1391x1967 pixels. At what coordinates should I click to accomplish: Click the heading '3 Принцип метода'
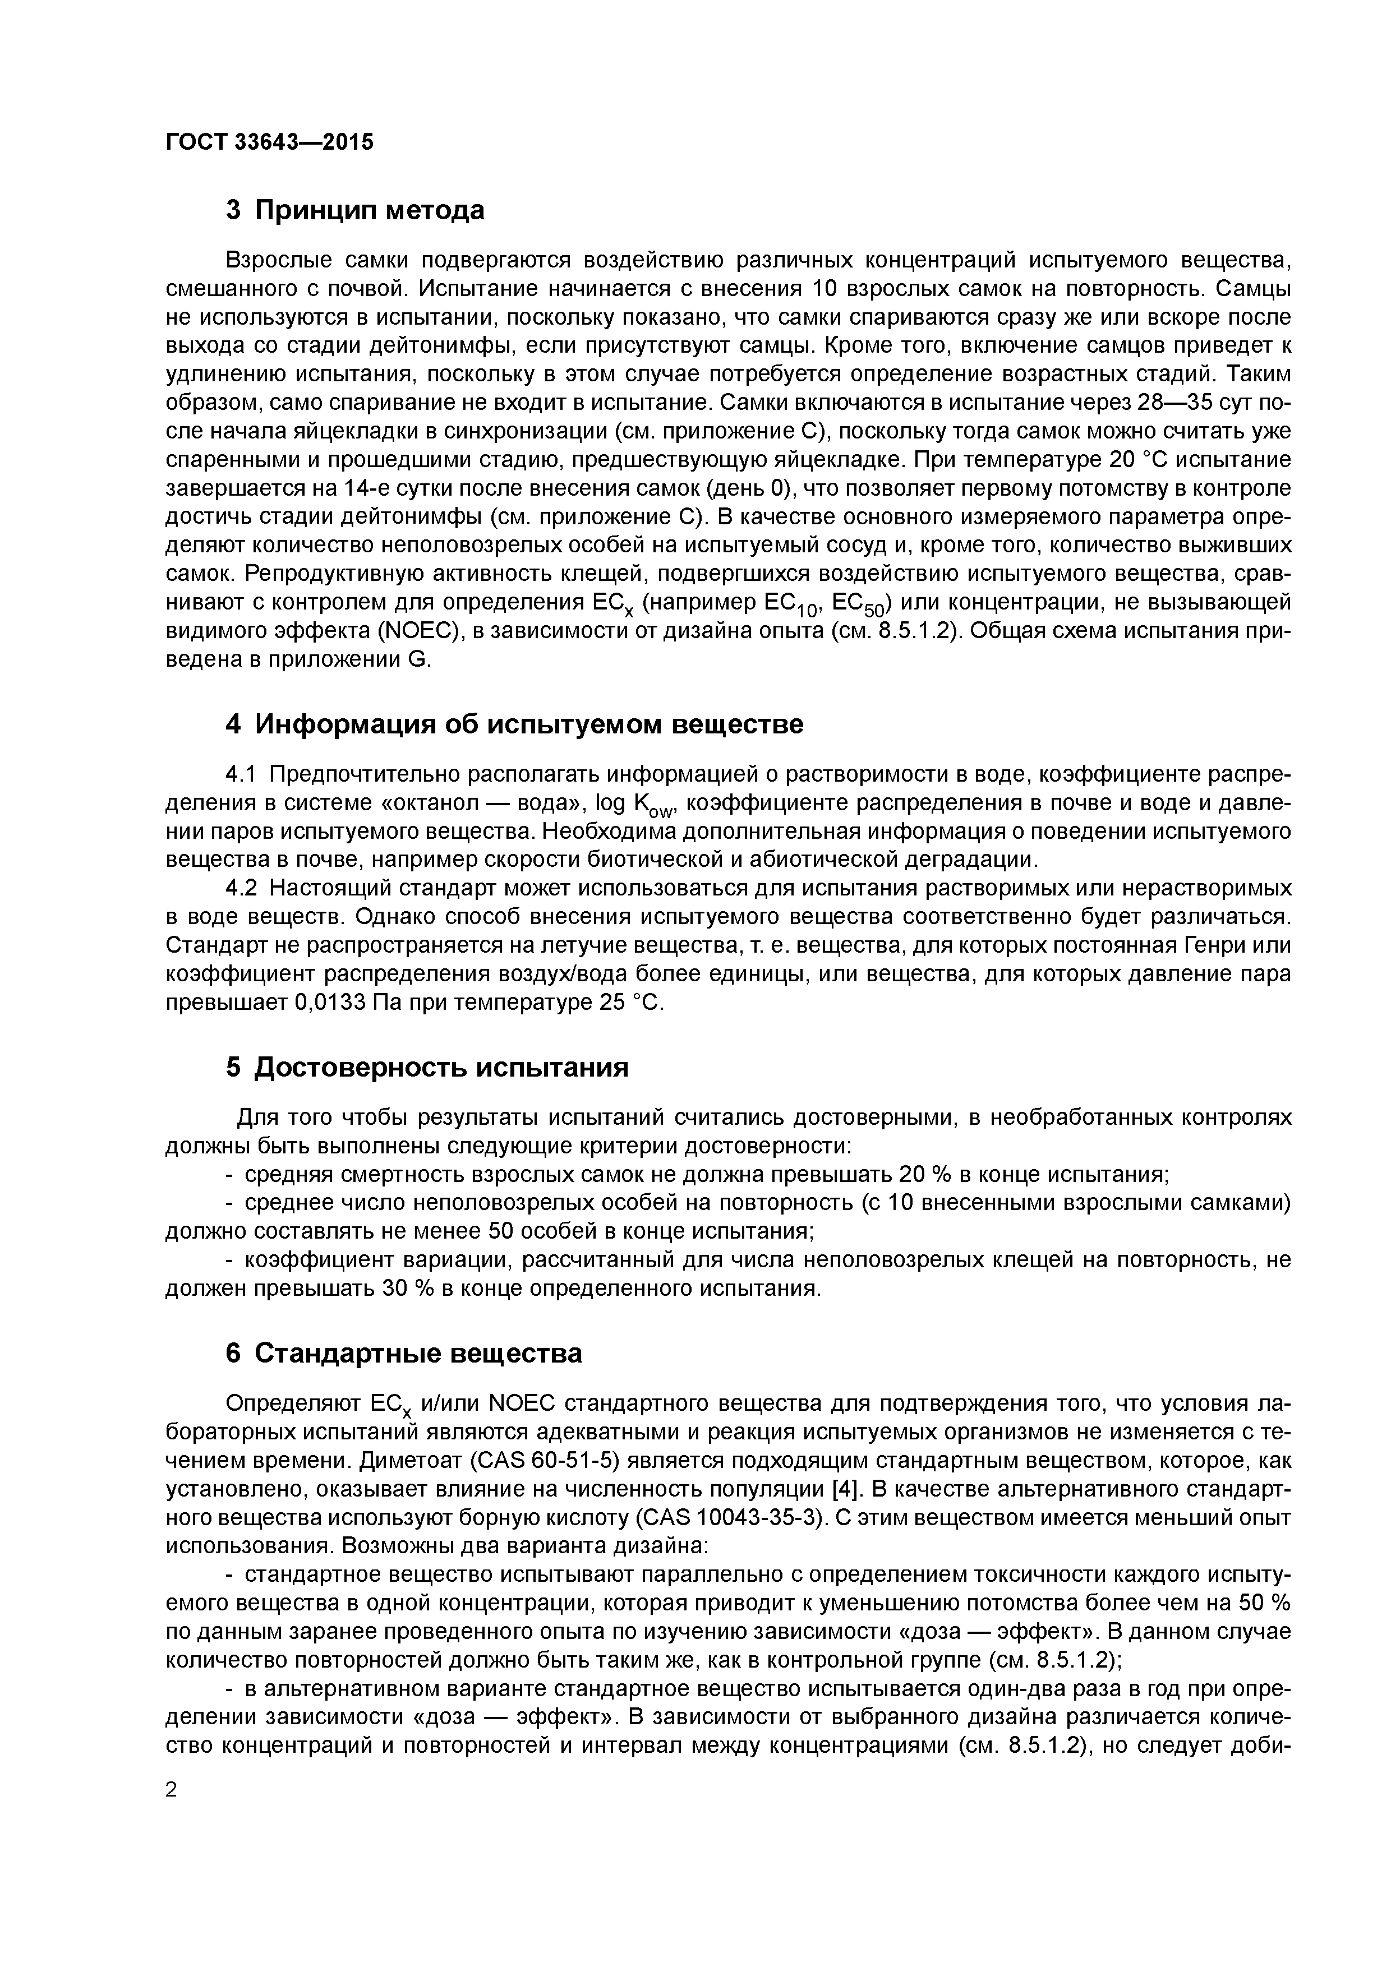click(355, 210)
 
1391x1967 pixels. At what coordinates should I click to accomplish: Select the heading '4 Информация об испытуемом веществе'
click(514, 725)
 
